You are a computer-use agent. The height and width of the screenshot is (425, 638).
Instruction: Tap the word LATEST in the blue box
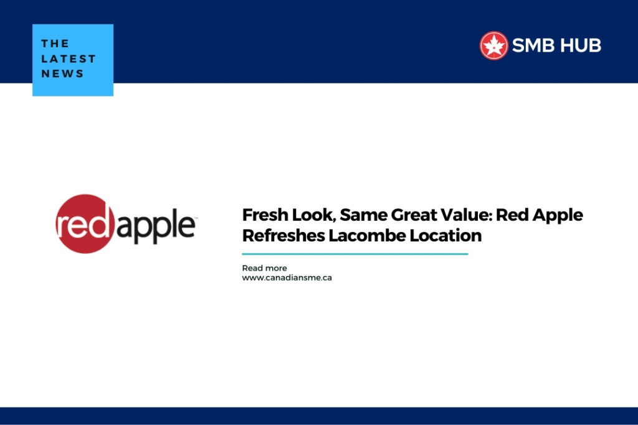click(x=69, y=58)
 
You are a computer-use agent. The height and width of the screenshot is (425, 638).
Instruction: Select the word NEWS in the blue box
click(x=62, y=73)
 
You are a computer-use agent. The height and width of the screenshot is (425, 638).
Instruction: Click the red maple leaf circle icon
click(x=494, y=45)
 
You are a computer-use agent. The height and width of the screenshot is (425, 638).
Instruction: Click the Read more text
click(x=264, y=268)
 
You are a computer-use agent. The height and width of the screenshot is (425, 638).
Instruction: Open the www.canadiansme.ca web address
click(x=287, y=278)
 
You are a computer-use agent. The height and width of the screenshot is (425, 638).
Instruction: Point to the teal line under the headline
click(x=355, y=254)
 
